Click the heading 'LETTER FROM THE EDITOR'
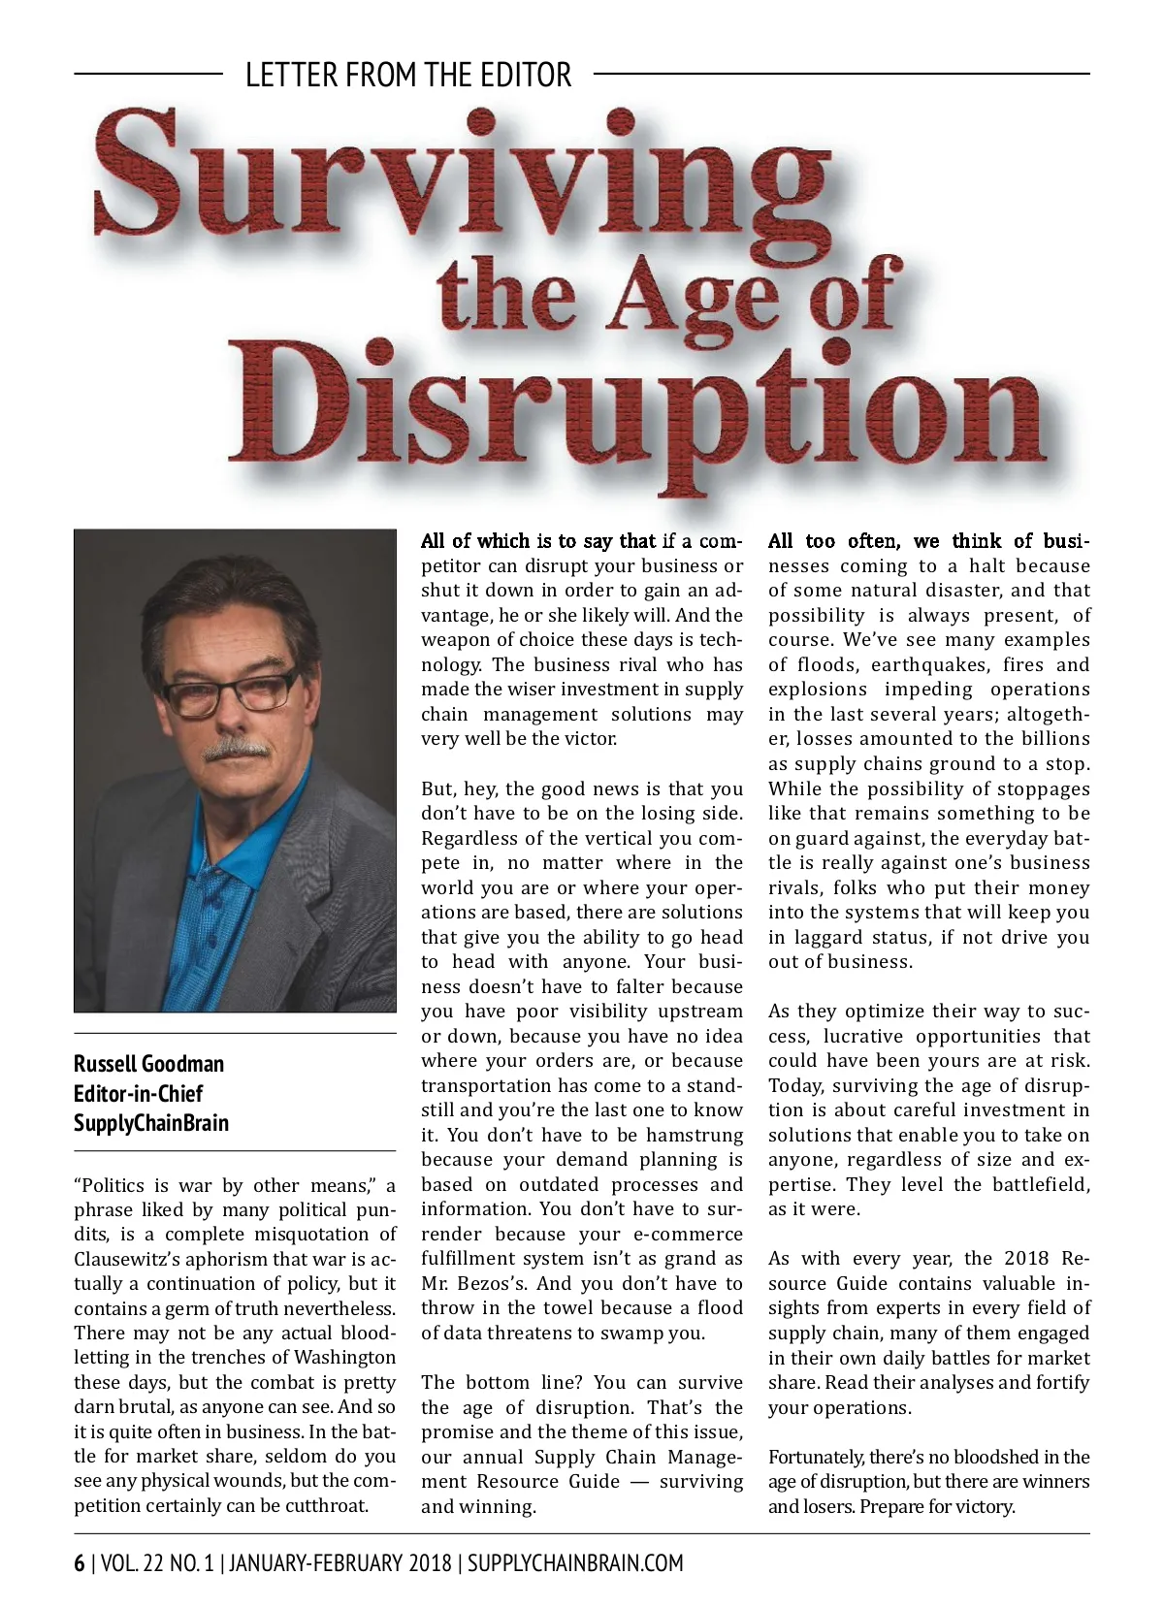408,75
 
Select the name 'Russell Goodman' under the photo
148,1064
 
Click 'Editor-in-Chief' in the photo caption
138,1094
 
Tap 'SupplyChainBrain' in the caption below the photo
151,1124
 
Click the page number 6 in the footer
79,1563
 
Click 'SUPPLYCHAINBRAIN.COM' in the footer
575,1563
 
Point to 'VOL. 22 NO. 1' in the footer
156,1563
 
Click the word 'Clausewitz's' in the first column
131,1259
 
